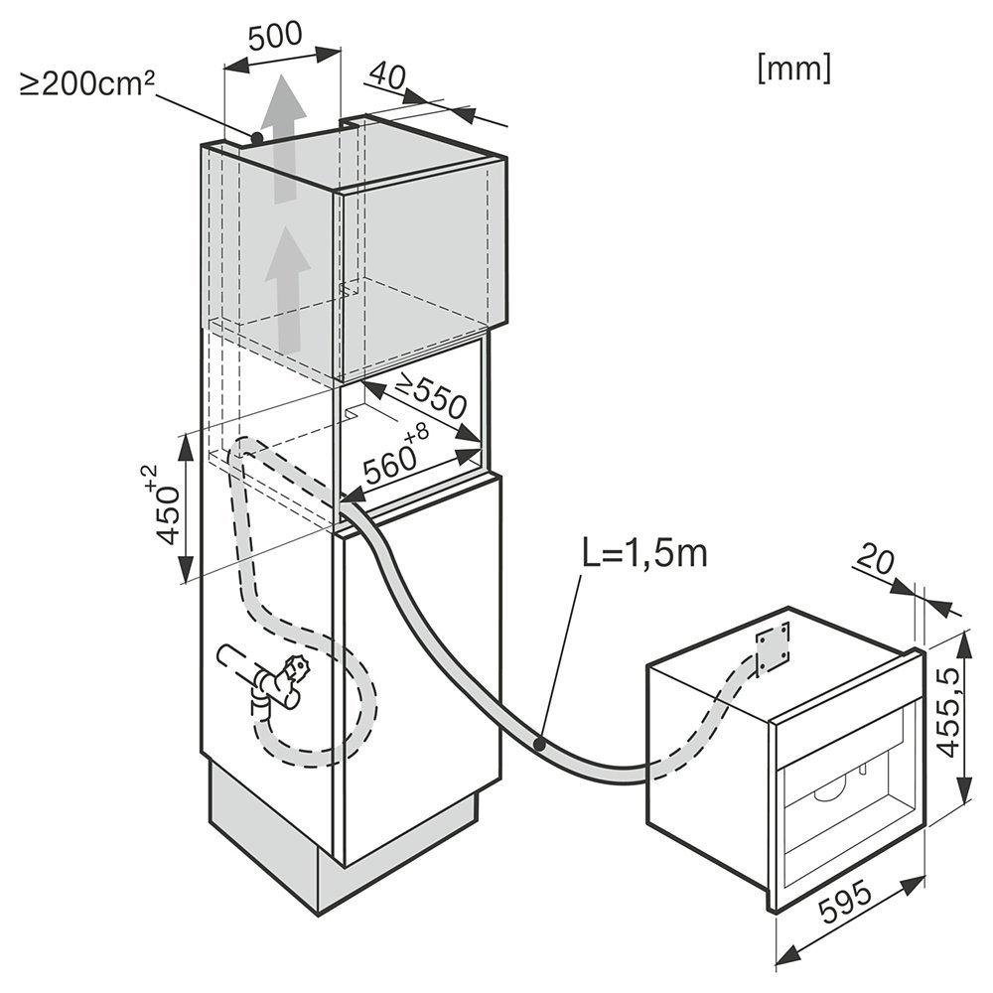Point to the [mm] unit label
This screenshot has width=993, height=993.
[794, 68]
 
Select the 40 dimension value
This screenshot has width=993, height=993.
[387, 74]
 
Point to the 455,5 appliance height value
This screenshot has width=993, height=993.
[950, 711]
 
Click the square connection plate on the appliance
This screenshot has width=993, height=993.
[774, 648]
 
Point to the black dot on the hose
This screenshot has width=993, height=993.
[539, 745]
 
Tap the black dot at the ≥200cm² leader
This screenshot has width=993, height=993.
[256, 137]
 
